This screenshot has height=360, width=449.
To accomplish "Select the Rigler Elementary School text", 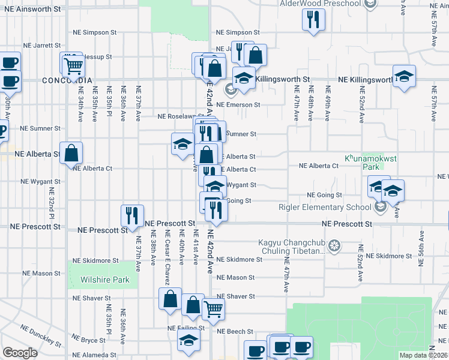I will tap(325, 208).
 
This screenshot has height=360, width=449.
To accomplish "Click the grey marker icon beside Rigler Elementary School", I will tap(379, 208).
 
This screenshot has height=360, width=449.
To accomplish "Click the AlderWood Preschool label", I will tap(321, 4).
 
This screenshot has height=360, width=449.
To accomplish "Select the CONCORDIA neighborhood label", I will tap(67, 80).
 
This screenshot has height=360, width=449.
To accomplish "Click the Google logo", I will tap(20, 353).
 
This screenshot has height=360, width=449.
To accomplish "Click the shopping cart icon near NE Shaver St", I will tap(214, 310).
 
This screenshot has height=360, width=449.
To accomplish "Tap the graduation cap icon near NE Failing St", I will tap(188, 340).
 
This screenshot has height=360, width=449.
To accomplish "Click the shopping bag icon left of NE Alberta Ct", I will tap(71, 154).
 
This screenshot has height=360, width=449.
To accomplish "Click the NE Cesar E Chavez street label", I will tap(167, 249).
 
